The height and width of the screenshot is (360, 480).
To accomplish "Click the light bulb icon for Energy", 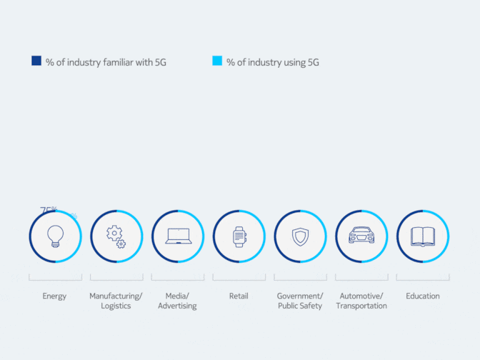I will tap(55, 236).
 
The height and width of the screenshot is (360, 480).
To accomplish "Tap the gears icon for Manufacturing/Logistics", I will tap(116, 236).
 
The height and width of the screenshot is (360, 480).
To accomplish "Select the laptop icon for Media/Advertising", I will tap(178, 236).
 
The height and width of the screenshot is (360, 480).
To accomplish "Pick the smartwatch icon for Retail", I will tap(239, 236).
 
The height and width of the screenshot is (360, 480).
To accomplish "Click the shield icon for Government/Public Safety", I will tap(300, 236).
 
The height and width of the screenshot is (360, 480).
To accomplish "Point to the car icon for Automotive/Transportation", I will tap(361, 236).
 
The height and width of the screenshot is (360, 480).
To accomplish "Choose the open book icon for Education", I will tap(423, 236).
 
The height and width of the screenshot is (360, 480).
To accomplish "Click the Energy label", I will tap(55, 296).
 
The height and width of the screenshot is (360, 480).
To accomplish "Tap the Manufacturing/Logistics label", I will tap(116, 301).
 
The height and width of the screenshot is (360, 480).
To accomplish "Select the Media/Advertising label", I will tap(178, 301).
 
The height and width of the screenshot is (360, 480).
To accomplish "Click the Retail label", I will tap(239, 296).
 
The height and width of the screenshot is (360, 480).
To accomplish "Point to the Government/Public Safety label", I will tap(300, 301).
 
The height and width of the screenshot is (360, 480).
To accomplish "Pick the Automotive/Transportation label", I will tap(361, 301).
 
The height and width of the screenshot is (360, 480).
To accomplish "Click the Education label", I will tap(423, 296).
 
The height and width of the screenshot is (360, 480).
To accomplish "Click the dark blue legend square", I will tap(36, 61).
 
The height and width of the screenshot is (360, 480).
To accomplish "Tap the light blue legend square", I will tap(217, 61).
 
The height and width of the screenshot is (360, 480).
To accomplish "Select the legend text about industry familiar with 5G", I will tap(106, 62).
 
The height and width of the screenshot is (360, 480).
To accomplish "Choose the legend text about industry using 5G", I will tap(272, 62).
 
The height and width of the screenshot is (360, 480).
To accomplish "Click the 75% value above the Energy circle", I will tap(49, 210).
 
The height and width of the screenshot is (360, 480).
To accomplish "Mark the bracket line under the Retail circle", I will tap(239, 276).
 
